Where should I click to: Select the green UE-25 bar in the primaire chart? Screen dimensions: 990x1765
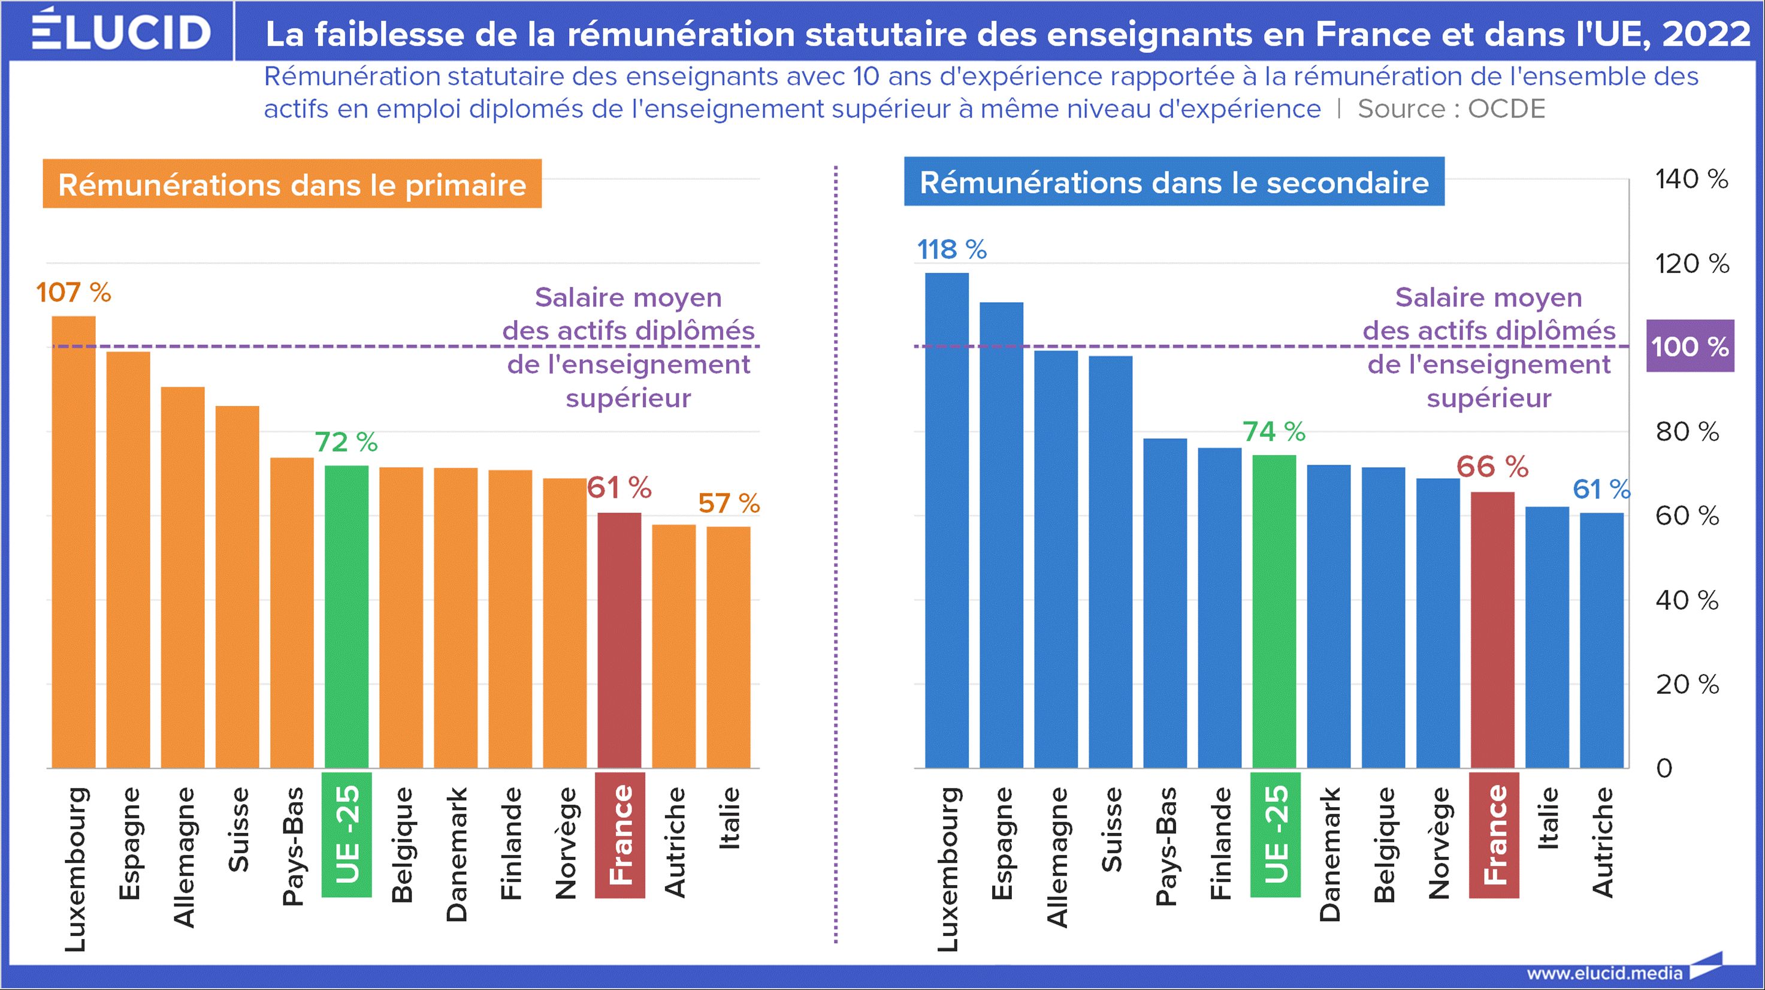coord(346,617)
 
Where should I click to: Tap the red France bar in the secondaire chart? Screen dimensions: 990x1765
coord(1492,631)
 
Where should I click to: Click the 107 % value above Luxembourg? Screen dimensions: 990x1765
coord(73,293)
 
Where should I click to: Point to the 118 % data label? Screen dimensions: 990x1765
coord(952,249)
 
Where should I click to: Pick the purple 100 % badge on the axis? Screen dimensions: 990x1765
coord(1690,346)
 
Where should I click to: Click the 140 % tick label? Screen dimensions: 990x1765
coord(1691,180)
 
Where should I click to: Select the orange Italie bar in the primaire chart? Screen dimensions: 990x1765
coord(729,648)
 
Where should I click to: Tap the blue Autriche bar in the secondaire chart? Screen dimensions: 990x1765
coord(1601,641)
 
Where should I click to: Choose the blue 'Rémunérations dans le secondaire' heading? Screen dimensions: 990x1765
coord(1174,182)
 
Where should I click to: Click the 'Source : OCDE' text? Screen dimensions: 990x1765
coord(1451,109)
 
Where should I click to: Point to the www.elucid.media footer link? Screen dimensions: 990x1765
coord(1604,973)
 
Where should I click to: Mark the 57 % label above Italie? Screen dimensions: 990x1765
coord(729,504)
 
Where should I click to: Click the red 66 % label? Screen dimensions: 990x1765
coord(1492,467)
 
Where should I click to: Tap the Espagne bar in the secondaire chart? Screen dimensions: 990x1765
coord(1001,535)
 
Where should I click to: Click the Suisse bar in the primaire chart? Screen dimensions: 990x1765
coord(237,586)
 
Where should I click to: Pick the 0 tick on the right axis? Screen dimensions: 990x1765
coord(1664,769)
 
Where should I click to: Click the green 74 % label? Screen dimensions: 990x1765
coord(1274,432)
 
